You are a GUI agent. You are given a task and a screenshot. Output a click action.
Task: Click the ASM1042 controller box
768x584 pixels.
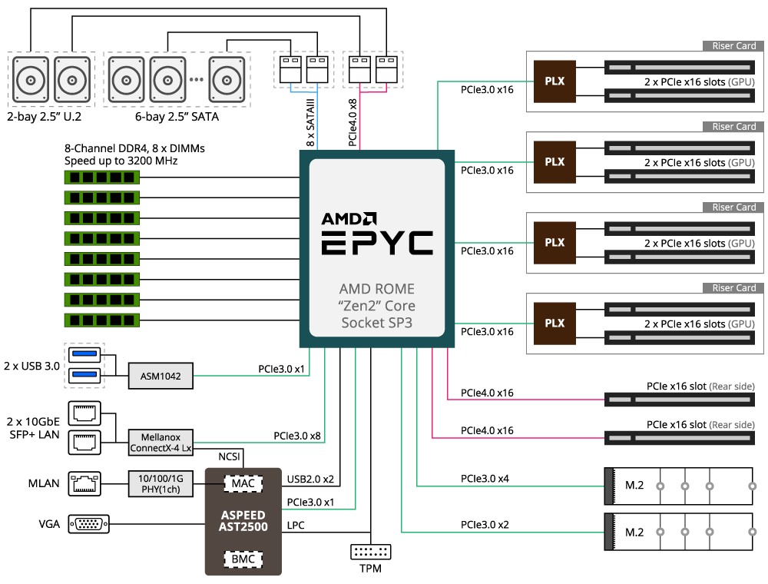[161, 376]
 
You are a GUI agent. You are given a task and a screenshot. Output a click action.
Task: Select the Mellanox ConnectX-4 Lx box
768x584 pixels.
[161, 443]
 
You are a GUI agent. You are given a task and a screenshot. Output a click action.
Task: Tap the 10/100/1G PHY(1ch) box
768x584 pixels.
[161, 483]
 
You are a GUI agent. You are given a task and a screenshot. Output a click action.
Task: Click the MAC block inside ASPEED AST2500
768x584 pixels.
[243, 483]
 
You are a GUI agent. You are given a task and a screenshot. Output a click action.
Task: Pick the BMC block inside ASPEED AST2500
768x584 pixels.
[243, 559]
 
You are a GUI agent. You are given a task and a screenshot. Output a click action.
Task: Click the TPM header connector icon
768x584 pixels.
[371, 552]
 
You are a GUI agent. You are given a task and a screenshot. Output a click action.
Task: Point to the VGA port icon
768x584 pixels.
[88, 524]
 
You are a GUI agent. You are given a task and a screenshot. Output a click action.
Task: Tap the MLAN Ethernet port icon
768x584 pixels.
[84, 483]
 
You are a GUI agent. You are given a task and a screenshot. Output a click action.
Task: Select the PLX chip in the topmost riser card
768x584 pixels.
[554, 81]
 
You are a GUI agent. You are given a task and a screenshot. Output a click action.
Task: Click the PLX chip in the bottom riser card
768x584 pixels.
[554, 324]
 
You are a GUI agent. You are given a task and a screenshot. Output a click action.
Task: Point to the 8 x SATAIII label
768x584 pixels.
[310, 123]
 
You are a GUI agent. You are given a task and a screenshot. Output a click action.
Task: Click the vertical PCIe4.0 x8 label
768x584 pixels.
[353, 123]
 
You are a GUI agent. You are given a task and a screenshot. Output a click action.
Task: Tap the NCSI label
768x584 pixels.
[229, 456]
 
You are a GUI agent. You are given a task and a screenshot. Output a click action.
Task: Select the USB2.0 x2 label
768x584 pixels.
[310, 479]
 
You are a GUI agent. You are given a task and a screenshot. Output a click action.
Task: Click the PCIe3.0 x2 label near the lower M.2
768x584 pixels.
[485, 525]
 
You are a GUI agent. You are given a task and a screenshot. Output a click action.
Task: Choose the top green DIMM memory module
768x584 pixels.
[102, 178]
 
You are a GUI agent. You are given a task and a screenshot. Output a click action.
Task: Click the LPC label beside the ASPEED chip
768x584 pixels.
[296, 525]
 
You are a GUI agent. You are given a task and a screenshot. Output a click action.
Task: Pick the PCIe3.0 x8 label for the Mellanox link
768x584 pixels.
[297, 436]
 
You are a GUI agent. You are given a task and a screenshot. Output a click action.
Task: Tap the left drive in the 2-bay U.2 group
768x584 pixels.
[31, 80]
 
